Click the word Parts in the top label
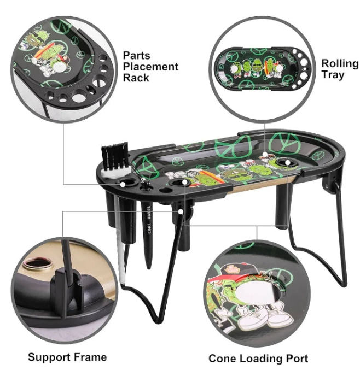click(137, 55)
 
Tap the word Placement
click(150, 67)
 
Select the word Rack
click(136, 78)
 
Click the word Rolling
click(340, 64)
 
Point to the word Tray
click(333, 75)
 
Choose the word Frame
click(90, 357)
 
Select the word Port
click(296, 359)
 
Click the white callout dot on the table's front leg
click(181, 211)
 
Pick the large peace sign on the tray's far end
click(284, 144)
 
